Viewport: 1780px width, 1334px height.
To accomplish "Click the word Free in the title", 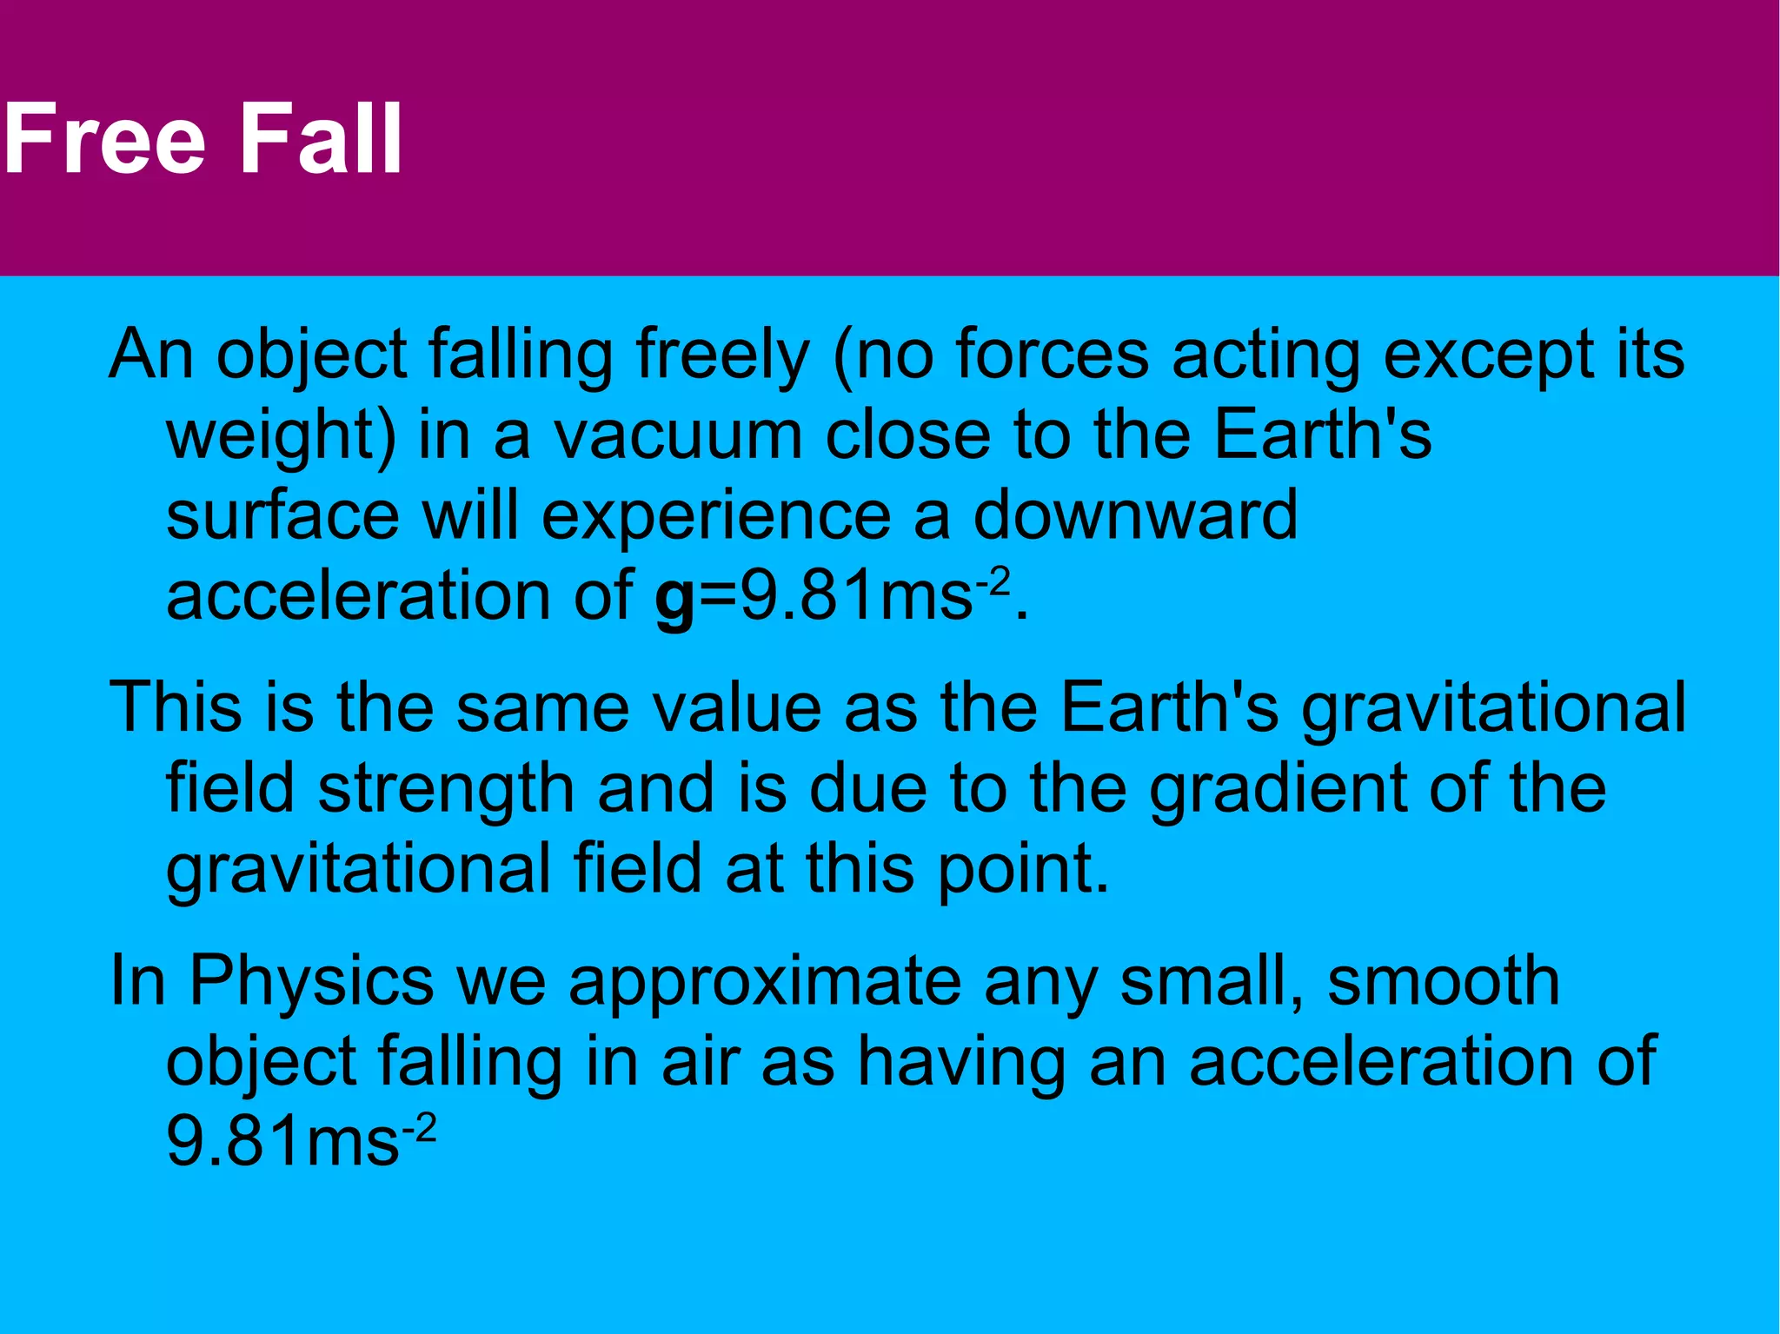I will [104, 139].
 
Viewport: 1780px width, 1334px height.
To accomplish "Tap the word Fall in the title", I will [321, 139].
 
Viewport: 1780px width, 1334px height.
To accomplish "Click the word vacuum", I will [679, 436].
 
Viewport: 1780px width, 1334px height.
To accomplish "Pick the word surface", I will [282, 516].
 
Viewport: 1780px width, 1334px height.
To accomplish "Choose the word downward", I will [1135, 516].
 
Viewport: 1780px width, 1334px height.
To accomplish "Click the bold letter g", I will [674, 600].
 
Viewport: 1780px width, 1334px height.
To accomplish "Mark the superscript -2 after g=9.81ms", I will [993, 581].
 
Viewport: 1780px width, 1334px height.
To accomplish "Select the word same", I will [542, 708].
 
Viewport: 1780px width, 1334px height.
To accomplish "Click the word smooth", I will [1444, 981].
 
